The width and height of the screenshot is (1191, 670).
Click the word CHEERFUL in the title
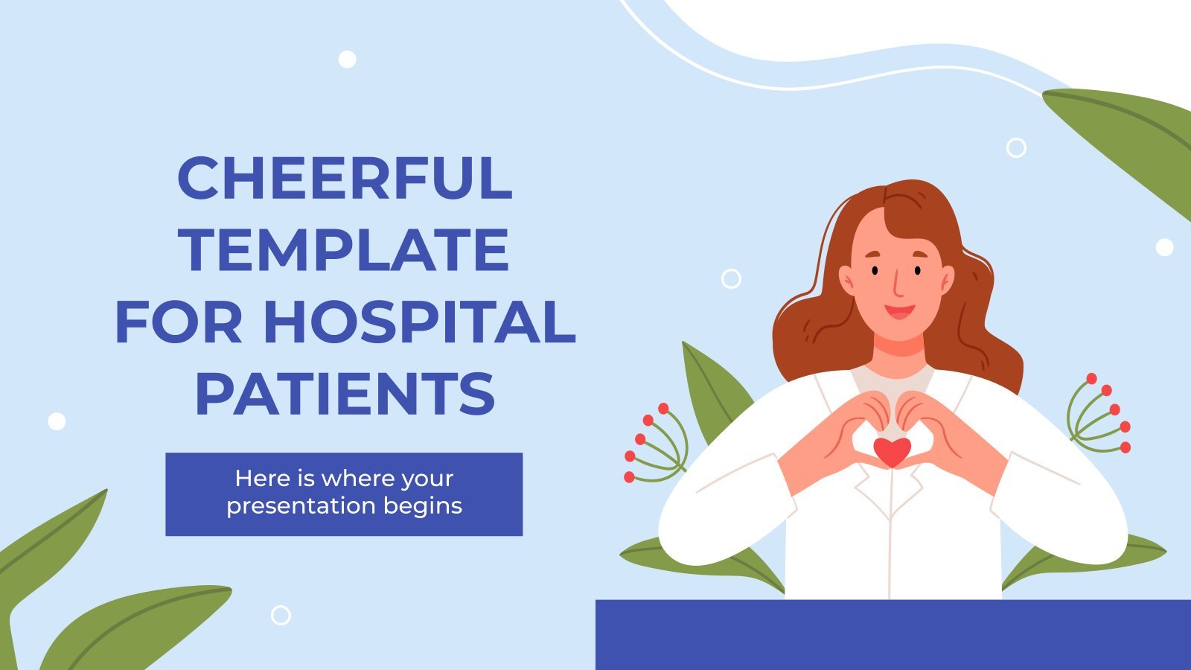point(345,178)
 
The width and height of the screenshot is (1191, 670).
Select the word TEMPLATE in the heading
point(345,249)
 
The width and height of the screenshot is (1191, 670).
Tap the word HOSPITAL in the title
point(420,322)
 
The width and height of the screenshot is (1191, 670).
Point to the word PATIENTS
point(345,394)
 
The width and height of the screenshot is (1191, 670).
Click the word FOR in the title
point(179,322)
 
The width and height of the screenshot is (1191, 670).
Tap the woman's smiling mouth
point(900,312)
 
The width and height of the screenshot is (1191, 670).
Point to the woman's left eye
point(918,270)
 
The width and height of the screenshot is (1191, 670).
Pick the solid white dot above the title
point(347,59)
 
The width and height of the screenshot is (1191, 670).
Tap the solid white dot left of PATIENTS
point(57,421)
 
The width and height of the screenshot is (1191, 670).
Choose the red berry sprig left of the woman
point(656,444)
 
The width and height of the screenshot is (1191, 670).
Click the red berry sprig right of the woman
point(1099,414)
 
